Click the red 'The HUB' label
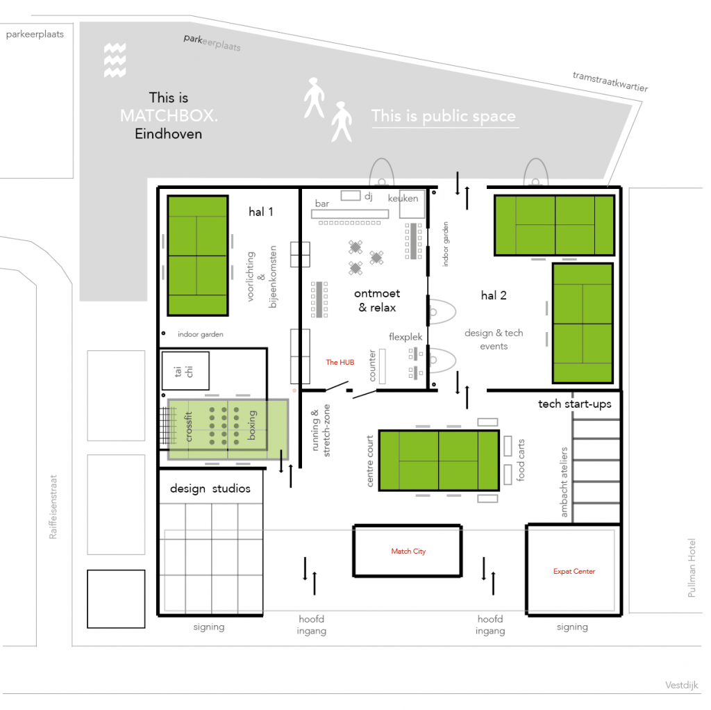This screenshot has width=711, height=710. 340,362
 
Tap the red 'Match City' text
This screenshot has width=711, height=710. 408,552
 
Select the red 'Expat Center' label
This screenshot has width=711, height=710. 574,572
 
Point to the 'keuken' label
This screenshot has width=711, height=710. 403,198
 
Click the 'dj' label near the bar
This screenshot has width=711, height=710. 369,197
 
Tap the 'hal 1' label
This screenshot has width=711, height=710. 261,212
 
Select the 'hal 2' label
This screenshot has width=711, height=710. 494,295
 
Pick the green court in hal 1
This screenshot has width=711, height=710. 197,256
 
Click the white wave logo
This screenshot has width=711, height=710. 115,60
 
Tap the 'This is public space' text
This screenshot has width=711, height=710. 444,116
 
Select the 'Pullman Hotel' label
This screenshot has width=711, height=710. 692,577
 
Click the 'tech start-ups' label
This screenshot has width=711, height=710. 574,404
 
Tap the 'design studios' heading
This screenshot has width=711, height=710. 210,489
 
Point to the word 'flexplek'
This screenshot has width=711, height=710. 405,337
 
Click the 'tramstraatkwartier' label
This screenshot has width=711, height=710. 610,81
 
